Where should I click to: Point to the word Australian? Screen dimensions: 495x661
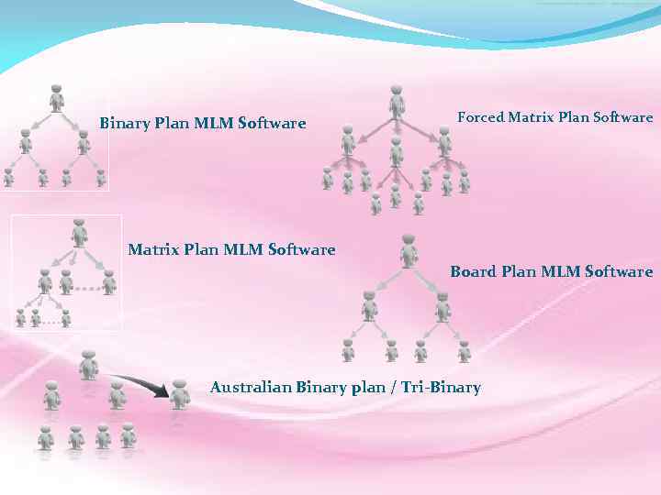click(x=251, y=387)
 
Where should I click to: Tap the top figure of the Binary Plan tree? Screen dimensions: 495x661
click(x=57, y=97)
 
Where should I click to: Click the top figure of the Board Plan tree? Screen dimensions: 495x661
click(x=409, y=250)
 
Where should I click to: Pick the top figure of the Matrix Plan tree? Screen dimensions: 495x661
click(x=80, y=232)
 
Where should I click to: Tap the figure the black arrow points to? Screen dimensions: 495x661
click(x=180, y=393)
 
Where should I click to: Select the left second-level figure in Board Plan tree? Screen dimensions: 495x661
click(x=369, y=305)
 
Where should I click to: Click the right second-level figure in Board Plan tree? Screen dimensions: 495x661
click(x=443, y=305)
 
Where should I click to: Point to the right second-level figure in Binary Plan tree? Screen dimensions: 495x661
click(x=84, y=141)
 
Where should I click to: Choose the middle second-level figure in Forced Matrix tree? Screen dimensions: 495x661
click(x=396, y=150)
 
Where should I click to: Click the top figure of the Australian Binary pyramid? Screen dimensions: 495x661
click(x=88, y=364)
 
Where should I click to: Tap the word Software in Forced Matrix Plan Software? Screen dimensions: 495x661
click(x=622, y=117)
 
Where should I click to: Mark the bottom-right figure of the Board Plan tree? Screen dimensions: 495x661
click(x=464, y=351)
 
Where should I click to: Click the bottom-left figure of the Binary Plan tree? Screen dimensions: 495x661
click(x=8, y=177)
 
